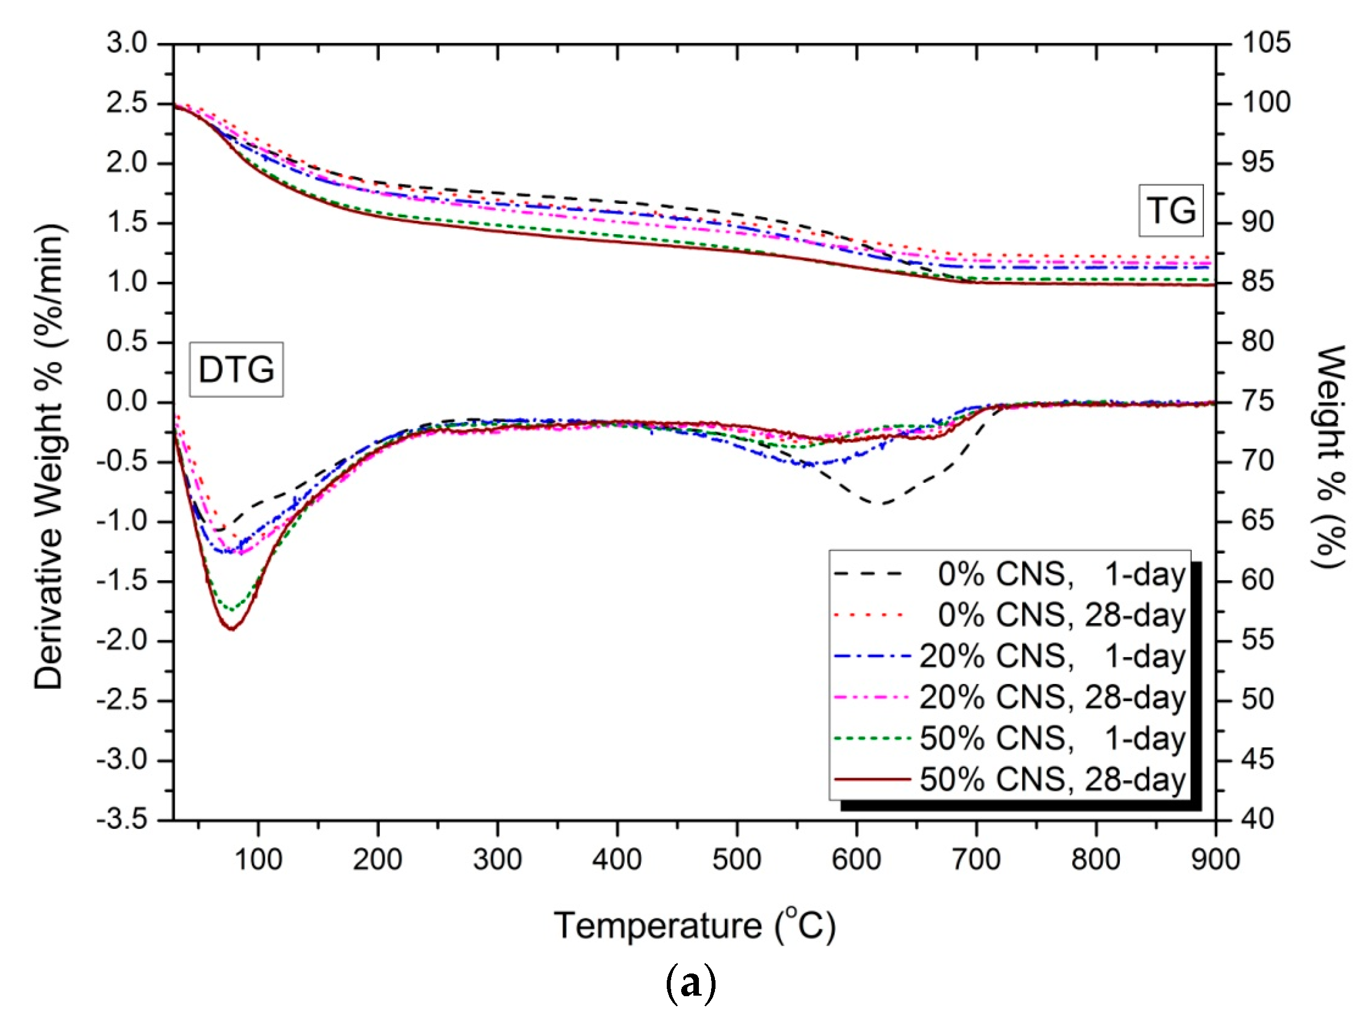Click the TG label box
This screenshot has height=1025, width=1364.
(1170, 210)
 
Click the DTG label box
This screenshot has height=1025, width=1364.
(236, 369)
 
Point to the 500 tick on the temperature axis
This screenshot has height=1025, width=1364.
(736, 859)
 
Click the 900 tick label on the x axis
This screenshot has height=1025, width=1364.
(1215, 859)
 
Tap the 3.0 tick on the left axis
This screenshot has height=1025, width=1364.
(127, 43)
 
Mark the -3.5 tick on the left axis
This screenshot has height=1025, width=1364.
(122, 820)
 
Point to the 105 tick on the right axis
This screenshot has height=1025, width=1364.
(1266, 43)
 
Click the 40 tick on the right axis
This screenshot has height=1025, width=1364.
(1258, 820)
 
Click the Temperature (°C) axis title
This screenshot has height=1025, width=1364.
(694, 926)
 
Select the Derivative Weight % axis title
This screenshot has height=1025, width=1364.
(49, 456)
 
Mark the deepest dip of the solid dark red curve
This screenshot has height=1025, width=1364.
(232, 629)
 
